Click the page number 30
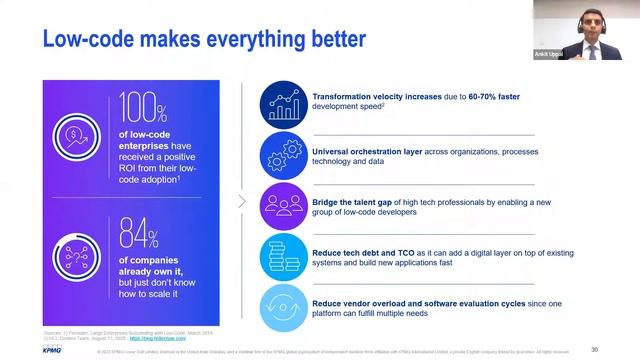tap(594, 349)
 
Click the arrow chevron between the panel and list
tap(242, 200)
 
